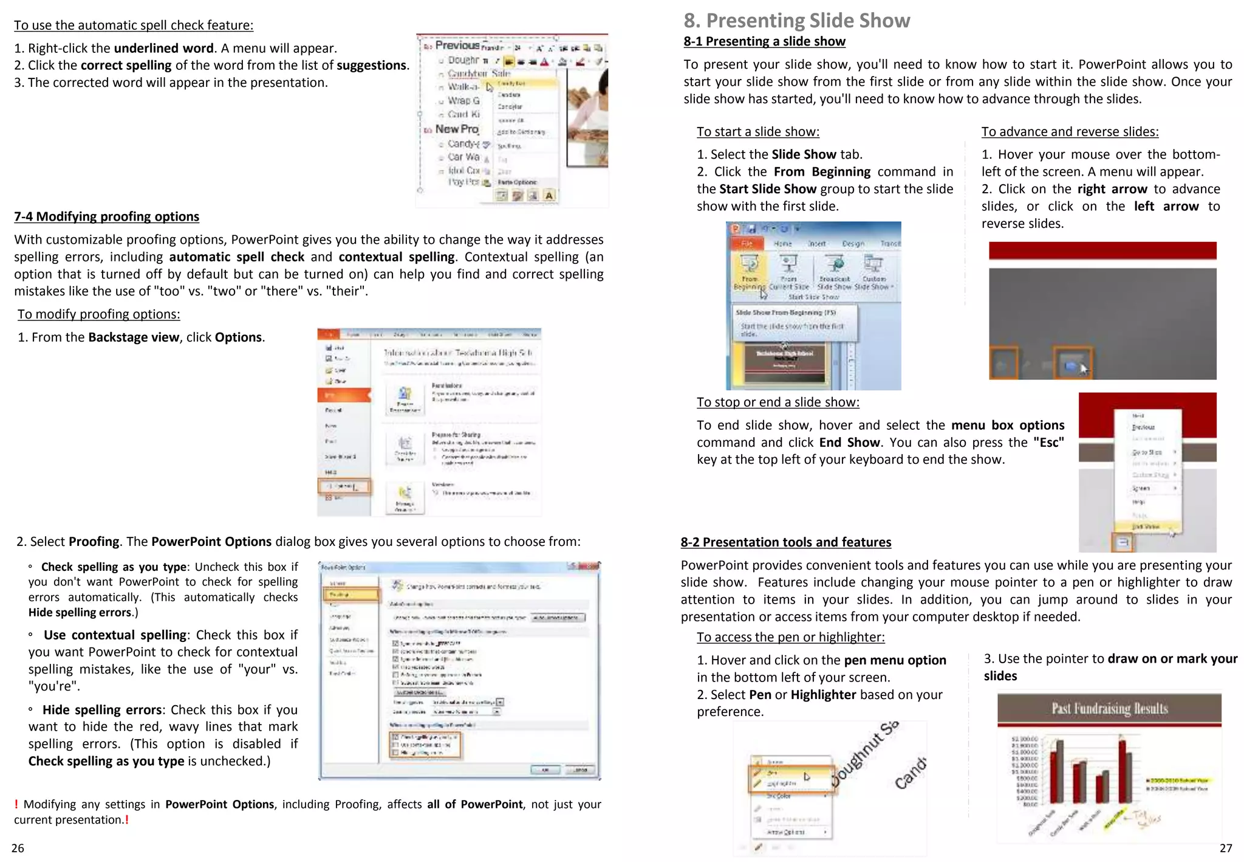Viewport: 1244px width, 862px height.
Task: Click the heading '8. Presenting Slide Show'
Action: (x=796, y=21)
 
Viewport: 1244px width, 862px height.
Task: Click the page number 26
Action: (x=18, y=848)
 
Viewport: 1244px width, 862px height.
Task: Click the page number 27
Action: (x=1226, y=848)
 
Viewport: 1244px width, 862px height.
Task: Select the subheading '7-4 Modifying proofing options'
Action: (x=106, y=216)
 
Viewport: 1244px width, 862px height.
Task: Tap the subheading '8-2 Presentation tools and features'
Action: (x=785, y=542)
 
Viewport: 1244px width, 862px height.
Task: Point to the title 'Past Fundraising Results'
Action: (x=1109, y=709)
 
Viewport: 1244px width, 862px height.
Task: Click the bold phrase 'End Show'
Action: (x=849, y=443)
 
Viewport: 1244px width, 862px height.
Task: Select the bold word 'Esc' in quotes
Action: (x=1048, y=443)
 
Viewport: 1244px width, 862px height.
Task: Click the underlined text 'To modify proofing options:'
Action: (x=98, y=314)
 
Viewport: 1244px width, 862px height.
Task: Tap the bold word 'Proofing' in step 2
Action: (x=94, y=542)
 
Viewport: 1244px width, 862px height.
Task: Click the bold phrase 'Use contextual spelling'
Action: (x=115, y=635)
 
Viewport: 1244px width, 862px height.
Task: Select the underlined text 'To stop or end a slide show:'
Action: (x=777, y=402)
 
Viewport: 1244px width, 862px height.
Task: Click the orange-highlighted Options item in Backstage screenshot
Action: (x=344, y=486)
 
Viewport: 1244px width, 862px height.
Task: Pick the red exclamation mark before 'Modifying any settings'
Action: (x=16, y=804)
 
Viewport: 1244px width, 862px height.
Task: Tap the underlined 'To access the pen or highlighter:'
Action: (x=790, y=637)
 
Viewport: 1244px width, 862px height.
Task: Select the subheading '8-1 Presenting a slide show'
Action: (x=764, y=41)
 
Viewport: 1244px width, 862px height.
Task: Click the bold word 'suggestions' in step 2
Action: (x=371, y=65)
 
